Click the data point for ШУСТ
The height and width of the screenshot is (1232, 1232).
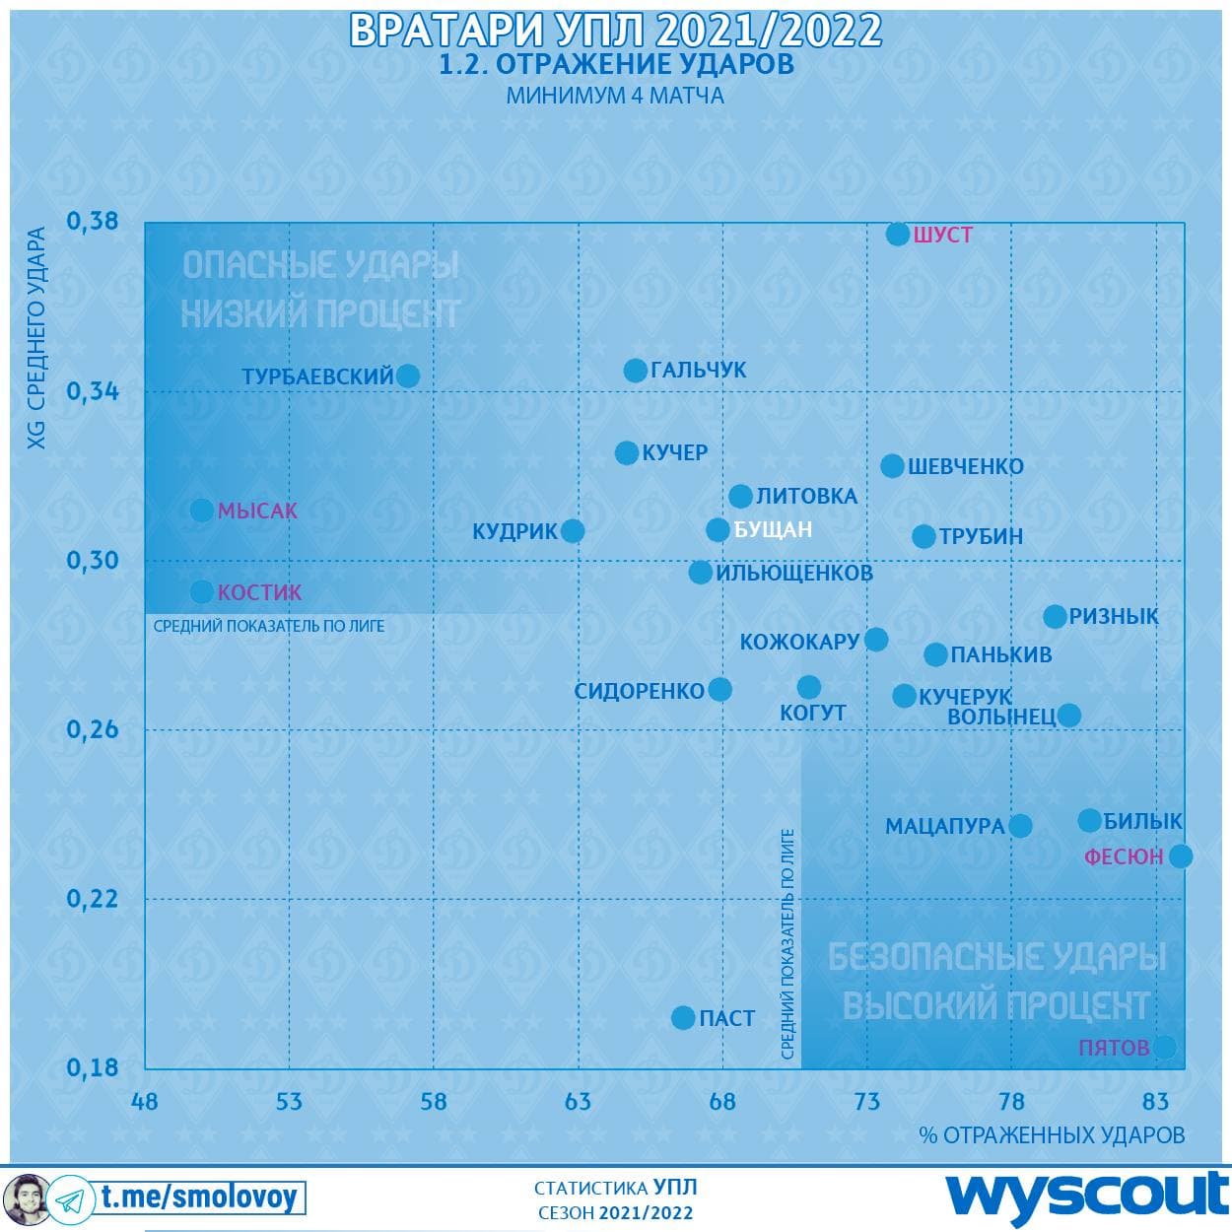(898, 234)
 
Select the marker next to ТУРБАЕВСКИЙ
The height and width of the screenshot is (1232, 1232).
(407, 376)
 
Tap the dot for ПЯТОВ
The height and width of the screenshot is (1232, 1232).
(1164, 1047)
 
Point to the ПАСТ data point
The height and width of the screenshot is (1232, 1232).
(683, 1018)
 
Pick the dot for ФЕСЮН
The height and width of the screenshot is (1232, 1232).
(1181, 856)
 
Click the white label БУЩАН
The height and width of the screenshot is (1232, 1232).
(774, 530)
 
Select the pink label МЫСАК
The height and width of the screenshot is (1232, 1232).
(257, 511)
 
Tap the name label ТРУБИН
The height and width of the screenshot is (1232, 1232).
(981, 537)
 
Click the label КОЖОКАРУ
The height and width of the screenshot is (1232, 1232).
(800, 642)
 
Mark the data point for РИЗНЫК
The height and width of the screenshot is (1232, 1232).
(1055, 617)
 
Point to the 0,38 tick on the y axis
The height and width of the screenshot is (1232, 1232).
(93, 221)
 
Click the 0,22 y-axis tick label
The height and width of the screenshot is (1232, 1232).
(93, 898)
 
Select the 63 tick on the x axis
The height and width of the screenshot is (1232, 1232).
(578, 1101)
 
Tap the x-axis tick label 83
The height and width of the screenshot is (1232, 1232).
(1155, 1101)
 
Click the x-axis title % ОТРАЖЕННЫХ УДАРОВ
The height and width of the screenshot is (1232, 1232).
(1052, 1135)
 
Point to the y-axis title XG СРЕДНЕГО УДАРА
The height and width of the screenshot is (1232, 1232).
(36, 338)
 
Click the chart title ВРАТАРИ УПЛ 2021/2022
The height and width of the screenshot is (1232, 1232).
(616, 31)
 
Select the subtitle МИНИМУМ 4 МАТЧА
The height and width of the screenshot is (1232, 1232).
(615, 97)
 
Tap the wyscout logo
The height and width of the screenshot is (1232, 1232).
(1088, 1196)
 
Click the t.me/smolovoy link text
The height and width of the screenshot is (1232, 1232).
(198, 1198)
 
